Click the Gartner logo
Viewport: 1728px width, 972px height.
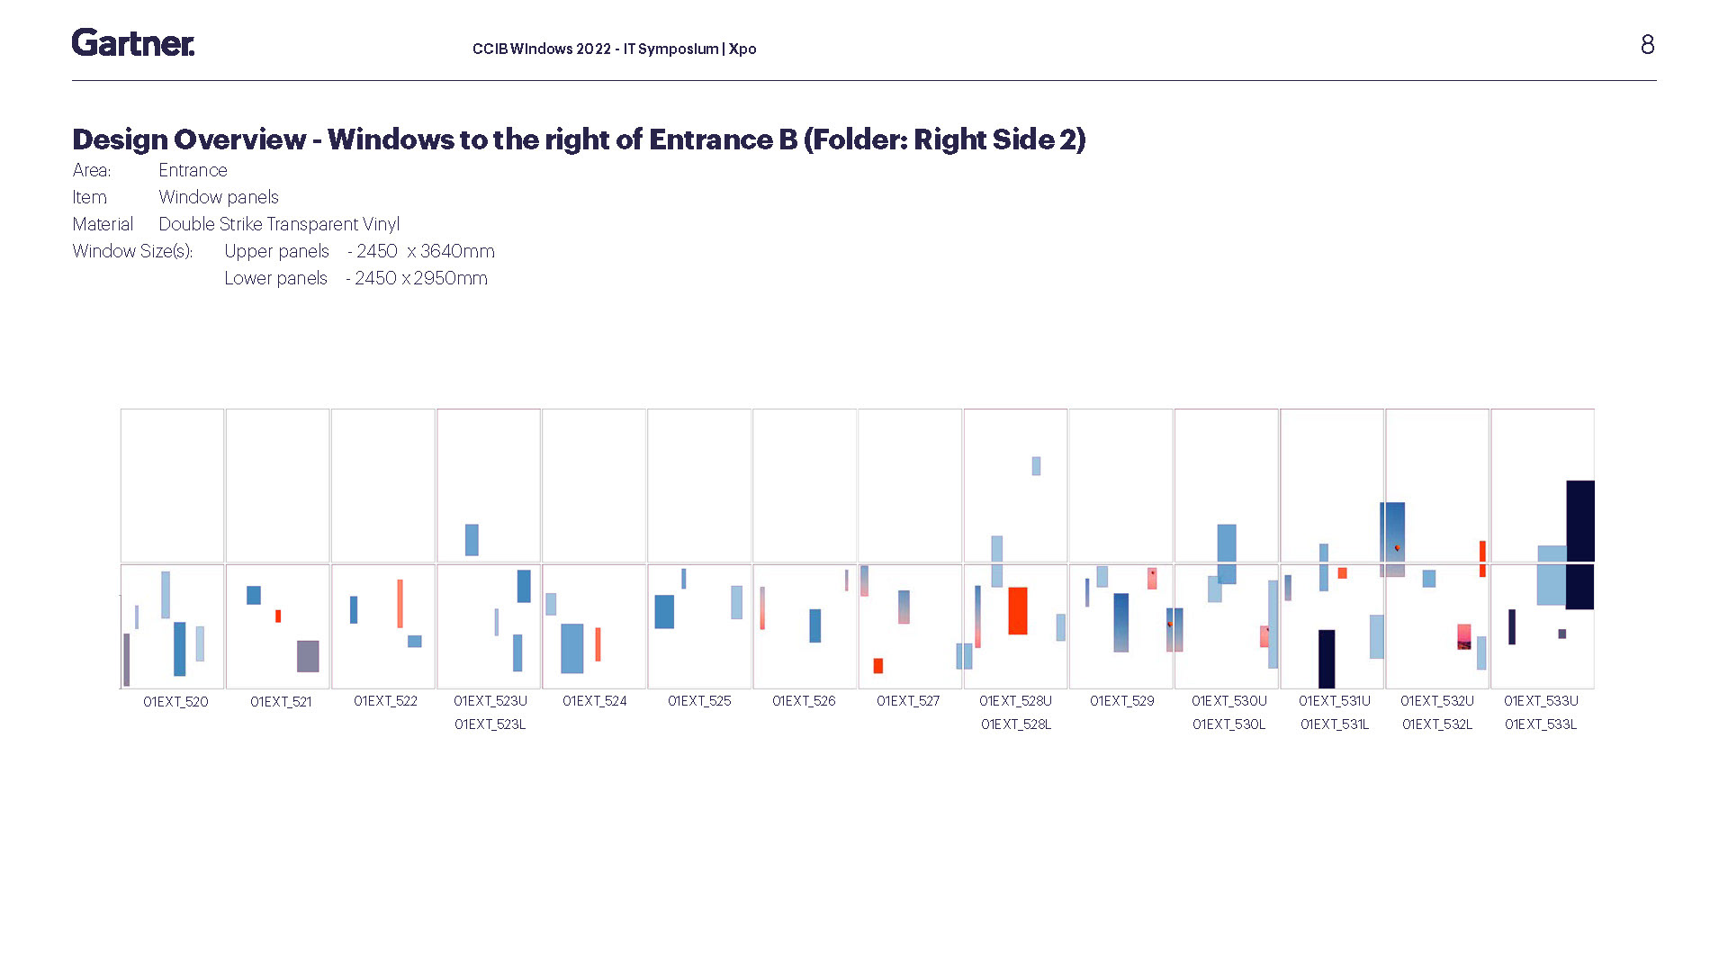tap(133, 42)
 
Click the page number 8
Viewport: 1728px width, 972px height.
tap(1647, 45)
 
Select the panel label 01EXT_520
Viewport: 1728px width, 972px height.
tap(175, 702)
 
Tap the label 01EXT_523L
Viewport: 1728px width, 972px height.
tap(490, 724)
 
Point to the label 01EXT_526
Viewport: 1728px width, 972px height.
tap(804, 701)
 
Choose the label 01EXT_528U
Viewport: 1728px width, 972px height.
tap(1015, 701)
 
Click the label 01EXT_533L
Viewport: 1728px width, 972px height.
tap(1541, 724)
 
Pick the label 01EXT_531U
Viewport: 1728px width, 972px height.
tap(1335, 701)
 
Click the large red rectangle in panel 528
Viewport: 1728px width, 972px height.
tap(1018, 611)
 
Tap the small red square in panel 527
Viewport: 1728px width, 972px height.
tap(878, 666)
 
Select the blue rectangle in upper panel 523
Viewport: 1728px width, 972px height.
tap(472, 540)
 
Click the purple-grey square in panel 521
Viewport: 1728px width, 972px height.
tap(308, 656)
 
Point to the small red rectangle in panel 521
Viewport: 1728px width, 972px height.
tap(278, 616)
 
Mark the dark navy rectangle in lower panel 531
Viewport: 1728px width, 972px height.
tap(1327, 659)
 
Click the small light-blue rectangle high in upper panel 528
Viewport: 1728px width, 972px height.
tap(1036, 466)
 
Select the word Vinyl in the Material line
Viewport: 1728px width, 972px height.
tap(381, 224)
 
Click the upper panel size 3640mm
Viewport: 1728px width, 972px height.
tap(457, 251)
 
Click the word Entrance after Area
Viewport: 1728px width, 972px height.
tap(193, 170)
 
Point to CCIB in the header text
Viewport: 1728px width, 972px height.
tap(490, 49)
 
